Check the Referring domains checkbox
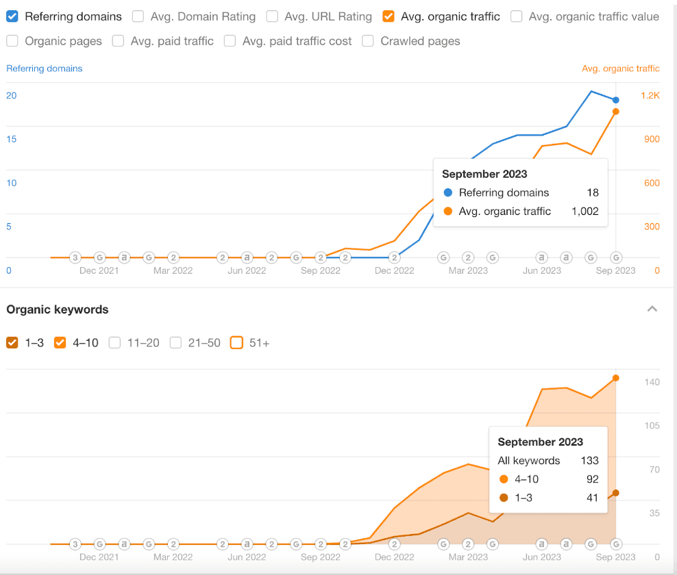point(12,16)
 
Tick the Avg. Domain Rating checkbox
point(138,16)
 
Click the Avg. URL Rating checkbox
point(272,16)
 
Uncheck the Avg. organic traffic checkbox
point(389,16)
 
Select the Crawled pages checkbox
point(368,41)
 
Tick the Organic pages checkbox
point(12,41)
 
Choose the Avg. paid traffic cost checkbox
point(230,41)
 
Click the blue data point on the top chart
point(616,100)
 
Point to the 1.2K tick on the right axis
point(650,95)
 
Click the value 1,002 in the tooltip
point(584,212)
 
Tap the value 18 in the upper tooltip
point(592,192)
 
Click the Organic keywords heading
point(58,309)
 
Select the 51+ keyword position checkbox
point(237,343)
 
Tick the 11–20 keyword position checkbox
point(115,343)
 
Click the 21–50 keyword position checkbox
point(176,343)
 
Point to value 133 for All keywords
point(589,461)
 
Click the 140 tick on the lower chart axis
point(652,382)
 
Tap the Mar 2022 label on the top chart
point(173,270)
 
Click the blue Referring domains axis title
point(45,68)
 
